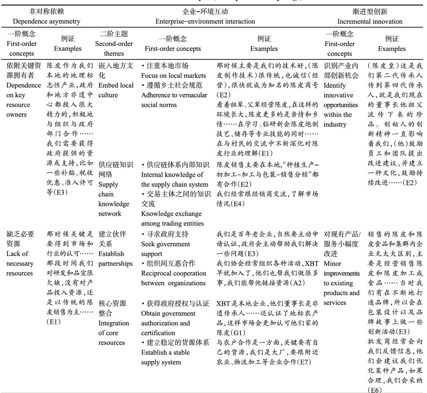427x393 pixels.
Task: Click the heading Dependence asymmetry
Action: click(x=46, y=21)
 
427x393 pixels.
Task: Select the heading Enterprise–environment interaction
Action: click(x=205, y=21)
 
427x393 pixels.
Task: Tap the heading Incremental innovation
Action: click(x=370, y=21)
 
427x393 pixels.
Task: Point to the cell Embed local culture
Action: click(x=116, y=85)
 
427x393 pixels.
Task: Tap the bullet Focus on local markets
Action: click(x=173, y=75)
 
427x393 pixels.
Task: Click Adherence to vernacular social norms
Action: click(x=174, y=100)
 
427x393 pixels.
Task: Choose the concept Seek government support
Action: click(x=165, y=249)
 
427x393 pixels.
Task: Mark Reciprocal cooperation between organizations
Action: click(x=173, y=278)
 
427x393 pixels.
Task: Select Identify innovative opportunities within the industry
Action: click(x=340, y=105)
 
